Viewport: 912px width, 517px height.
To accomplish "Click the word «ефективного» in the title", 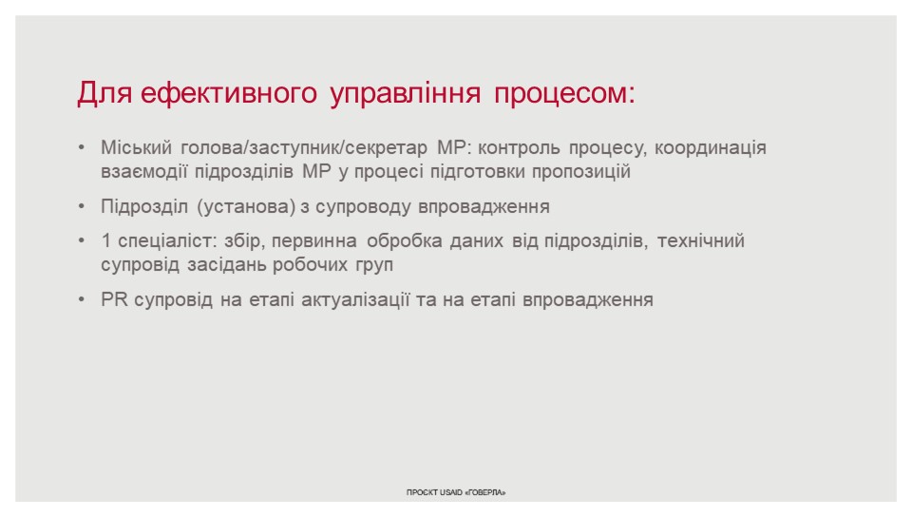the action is coord(228,93).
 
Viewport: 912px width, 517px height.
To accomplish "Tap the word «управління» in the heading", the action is coord(405,94).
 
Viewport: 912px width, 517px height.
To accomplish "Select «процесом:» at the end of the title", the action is coord(564,94).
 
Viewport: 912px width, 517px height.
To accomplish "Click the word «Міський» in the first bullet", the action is coord(136,147).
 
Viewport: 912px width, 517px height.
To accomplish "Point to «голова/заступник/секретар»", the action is coord(304,148).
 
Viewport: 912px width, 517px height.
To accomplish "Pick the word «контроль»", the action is coord(519,148).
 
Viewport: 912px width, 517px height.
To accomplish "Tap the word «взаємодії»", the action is coord(143,172).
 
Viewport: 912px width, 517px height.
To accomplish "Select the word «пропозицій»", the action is coord(581,173).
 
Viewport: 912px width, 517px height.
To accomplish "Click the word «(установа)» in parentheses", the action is coord(247,207).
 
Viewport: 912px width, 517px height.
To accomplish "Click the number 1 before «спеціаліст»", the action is coord(105,240).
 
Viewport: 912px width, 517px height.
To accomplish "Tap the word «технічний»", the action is coord(701,240).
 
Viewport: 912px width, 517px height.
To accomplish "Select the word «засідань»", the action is coord(227,265).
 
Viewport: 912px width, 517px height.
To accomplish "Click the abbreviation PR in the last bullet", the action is coord(113,299).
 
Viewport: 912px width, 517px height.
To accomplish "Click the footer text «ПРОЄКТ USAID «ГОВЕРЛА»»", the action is coord(456,492).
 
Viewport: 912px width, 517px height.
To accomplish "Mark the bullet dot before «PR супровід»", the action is coord(82,299).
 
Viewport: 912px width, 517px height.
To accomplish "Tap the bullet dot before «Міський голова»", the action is coord(82,147).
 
